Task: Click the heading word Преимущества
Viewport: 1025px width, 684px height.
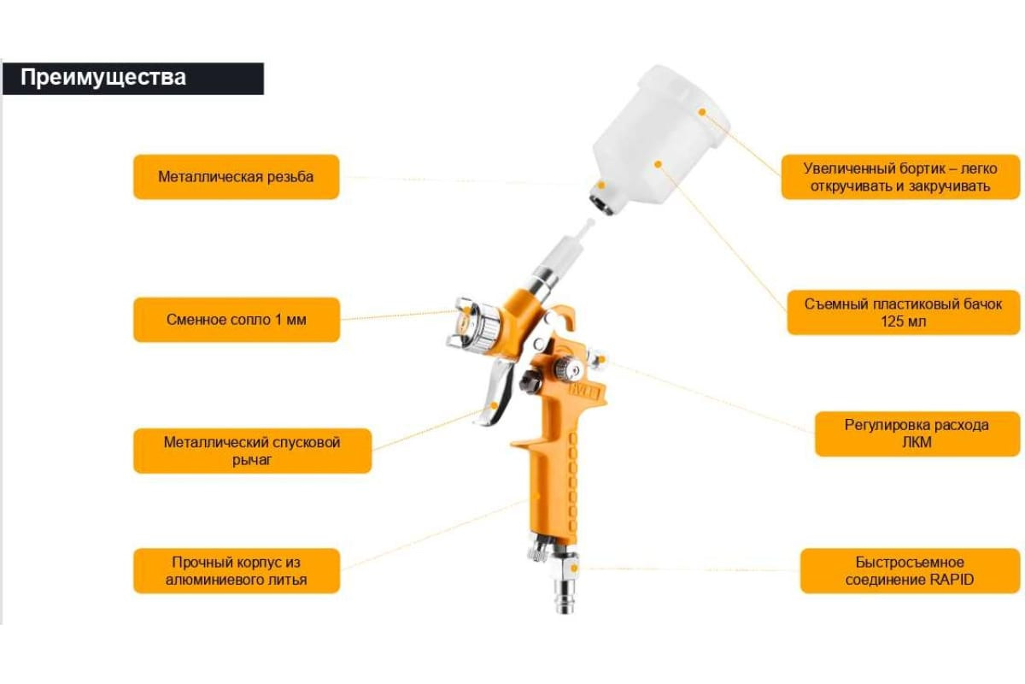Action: (x=103, y=78)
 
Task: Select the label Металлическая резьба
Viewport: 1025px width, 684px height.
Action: (x=236, y=177)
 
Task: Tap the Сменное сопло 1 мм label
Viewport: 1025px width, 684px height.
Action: (x=236, y=320)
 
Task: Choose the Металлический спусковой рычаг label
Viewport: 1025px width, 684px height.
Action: (x=252, y=451)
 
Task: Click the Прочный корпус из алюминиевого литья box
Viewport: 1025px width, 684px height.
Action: (x=236, y=571)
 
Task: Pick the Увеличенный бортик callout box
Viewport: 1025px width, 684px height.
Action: (x=900, y=177)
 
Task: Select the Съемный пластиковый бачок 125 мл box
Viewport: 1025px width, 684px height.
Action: (x=903, y=312)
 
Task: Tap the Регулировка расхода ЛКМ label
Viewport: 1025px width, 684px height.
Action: (x=917, y=433)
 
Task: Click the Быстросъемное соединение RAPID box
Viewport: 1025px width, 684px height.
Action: (x=910, y=571)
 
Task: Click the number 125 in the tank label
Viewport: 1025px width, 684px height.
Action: (x=891, y=321)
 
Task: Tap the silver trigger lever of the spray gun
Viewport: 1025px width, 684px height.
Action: (x=495, y=392)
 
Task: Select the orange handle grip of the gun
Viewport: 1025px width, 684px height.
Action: (x=552, y=481)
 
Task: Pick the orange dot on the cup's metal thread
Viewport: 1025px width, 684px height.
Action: (x=601, y=185)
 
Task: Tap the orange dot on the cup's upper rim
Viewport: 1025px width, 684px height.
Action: (x=702, y=112)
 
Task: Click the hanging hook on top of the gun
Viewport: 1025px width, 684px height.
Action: (x=563, y=317)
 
